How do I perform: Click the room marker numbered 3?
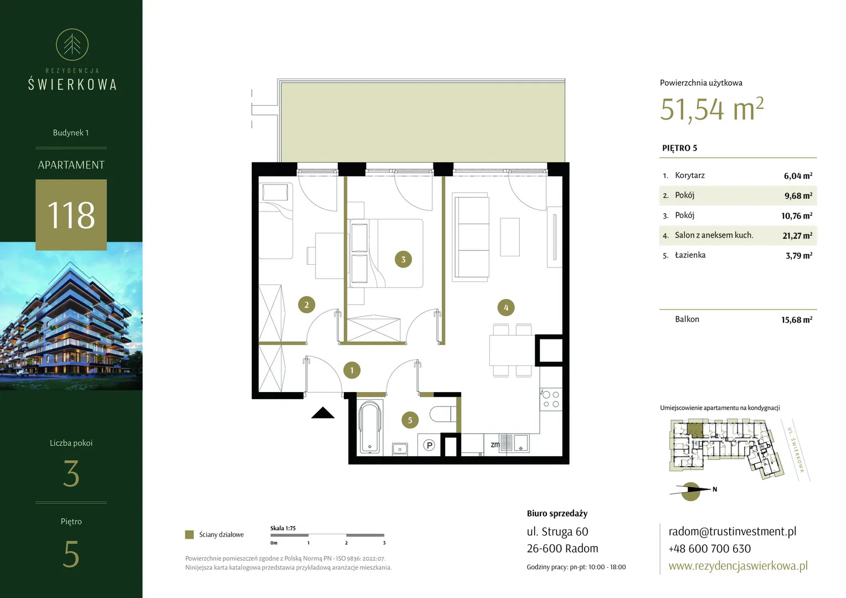click(x=403, y=260)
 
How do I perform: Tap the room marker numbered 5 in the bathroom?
click(x=410, y=420)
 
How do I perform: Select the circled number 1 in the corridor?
click(x=352, y=370)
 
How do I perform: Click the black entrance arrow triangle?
click(x=323, y=413)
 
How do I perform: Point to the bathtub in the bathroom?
click(x=370, y=427)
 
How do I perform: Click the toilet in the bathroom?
click(x=443, y=414)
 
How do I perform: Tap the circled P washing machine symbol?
click(x=429, y=445)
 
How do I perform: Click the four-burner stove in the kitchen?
click(x=551, y=399)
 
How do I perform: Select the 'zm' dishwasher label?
click(x=495, y=445)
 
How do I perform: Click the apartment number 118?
click(x=71, y=215)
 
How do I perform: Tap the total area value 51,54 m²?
click(x=712, y=109)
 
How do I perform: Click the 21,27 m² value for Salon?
click(x=797, y=236)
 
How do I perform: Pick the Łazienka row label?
click(x=690, y=255)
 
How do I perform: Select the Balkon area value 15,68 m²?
click(x=797, y=320)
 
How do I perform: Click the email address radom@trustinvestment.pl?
click(x=732, y=531)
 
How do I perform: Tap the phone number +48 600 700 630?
click(x=709, y=549)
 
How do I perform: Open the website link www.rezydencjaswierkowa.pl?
click(x=738, y=565)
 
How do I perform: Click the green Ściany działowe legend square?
click(x=189, y=534)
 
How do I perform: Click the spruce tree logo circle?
click(x=72, y=45)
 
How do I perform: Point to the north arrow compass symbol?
click(x=691, y=491)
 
